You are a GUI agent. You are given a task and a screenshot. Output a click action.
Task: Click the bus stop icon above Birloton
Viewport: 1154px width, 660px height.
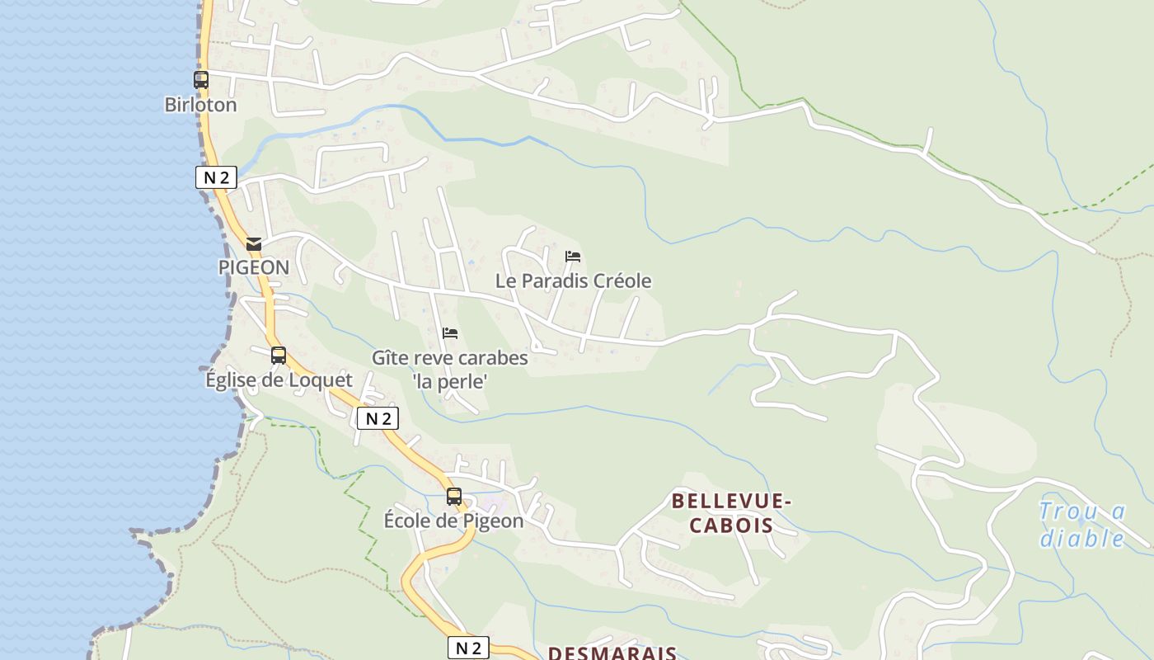200,80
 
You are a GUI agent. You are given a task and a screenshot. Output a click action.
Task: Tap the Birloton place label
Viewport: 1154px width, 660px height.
200,105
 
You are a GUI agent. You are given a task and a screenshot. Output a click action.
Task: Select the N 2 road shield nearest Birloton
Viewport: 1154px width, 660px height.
216,177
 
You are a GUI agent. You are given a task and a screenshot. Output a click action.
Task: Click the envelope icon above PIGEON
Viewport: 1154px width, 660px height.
254,244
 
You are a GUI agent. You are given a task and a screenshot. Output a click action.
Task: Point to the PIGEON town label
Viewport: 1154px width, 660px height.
254,267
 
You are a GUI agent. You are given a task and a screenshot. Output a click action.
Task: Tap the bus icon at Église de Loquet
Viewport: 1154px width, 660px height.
279,356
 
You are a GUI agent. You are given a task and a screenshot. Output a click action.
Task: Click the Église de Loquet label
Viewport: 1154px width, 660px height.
279,380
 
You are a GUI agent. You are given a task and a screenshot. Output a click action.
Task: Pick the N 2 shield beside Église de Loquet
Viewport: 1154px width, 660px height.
378,418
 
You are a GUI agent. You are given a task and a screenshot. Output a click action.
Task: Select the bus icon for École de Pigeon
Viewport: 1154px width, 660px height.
454,497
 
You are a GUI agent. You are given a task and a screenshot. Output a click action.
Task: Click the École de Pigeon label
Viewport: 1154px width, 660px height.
454,521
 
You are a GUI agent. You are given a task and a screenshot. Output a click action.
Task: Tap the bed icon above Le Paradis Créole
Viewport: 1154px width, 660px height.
573,257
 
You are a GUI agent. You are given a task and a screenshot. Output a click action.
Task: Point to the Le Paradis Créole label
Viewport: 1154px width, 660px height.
573,280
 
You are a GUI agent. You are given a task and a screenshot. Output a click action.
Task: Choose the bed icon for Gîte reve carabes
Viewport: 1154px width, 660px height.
450,333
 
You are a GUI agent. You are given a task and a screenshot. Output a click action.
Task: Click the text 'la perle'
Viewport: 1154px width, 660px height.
450,381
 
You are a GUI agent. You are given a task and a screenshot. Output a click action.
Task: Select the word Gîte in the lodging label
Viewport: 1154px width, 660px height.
389,358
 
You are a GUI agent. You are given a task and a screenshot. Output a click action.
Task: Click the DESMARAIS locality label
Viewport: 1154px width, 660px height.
612,653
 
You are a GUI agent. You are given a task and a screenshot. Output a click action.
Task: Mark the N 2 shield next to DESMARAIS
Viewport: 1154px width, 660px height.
468,648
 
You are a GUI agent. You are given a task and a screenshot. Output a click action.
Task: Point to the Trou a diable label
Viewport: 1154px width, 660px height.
1082,525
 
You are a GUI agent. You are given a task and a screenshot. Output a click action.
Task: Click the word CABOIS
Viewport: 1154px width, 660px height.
731,526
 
